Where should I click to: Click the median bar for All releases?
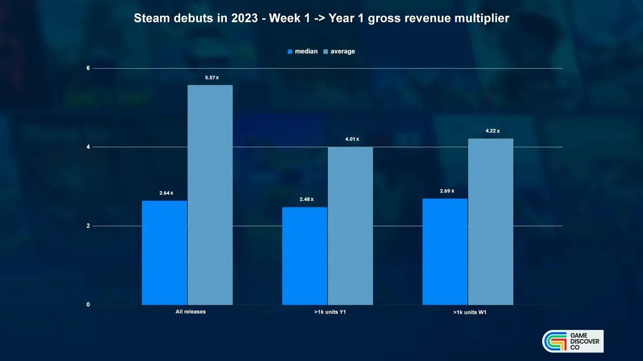(164, 252)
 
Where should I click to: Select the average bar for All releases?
(210, 195)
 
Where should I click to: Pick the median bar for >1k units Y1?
(305, 256)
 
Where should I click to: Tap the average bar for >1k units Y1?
(350, 226)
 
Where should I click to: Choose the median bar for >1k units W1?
(445, 252)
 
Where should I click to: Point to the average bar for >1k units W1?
(490, 222)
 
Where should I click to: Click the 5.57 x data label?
(212, 78)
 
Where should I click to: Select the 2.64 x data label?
(166, 193)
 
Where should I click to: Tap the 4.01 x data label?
(352, 139)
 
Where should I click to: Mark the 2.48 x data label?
(306, 199)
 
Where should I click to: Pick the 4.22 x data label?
(492, 131)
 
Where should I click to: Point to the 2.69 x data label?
(447, 191)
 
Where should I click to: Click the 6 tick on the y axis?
(88, 68)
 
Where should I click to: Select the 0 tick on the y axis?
(88, 305)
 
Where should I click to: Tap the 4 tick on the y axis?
(88, 147)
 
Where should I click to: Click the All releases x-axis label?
(190, 312)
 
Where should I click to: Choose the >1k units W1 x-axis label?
(469, 312)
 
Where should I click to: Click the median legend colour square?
(290, 52)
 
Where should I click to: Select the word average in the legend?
(343, 52)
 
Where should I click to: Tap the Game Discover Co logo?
(572, 341)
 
